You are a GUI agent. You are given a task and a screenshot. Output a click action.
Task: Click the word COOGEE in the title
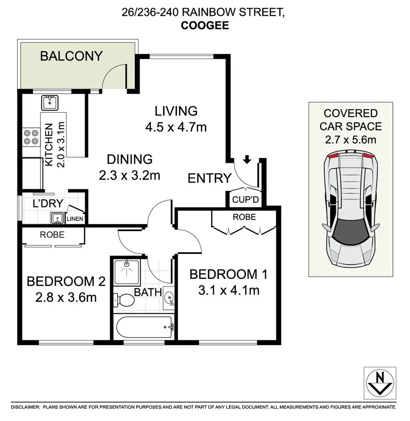point(205,26)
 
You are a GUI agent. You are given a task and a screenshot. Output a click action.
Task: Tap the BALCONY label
point(71,56)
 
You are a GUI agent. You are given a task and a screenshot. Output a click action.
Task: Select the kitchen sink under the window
point(50,103)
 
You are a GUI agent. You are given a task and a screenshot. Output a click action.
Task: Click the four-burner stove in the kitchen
point(31,137)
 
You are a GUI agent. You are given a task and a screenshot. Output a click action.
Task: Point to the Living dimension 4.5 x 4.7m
point(176,127)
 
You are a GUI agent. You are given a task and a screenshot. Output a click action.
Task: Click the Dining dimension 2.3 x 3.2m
point(129,175)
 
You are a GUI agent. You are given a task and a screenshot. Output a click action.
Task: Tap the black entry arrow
point(246,159)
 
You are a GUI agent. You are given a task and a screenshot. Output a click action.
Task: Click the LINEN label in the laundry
point(74,219)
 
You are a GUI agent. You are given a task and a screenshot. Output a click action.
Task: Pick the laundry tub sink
point(57,218)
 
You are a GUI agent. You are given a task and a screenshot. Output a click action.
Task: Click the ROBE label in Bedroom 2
point(52,235)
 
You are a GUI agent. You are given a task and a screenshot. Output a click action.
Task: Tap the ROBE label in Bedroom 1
point(244,217)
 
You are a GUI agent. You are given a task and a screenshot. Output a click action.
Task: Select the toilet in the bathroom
point(124,300)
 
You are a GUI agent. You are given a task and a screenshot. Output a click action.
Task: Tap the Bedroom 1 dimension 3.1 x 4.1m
point(228,290)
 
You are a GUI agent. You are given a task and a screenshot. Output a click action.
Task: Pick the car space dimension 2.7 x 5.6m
point(350,139)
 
